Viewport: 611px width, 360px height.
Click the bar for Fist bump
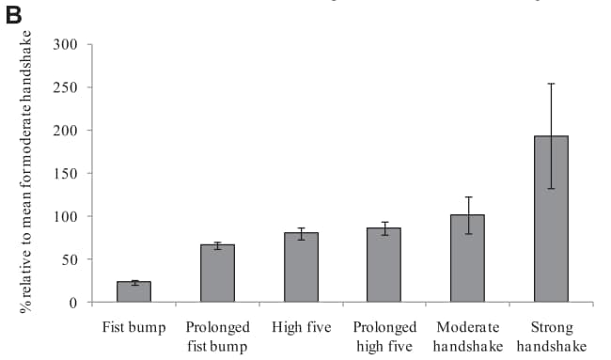[133, 292]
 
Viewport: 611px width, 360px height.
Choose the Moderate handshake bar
[467, 258]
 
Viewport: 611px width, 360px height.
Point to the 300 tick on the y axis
[66, 44]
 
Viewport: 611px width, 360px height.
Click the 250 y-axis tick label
[66, 87]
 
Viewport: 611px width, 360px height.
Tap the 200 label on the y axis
[66, 131]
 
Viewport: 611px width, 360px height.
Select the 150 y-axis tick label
[66, 173]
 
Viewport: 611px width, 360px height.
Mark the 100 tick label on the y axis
[66, 216]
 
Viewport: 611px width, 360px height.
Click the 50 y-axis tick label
[70, 259]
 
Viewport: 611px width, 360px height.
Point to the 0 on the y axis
[73, 303]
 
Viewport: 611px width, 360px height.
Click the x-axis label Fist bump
[133, 328]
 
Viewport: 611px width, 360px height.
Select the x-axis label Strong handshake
[551, 337]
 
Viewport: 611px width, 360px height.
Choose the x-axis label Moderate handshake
[467, 337]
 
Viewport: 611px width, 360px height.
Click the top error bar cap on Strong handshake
[551, 84]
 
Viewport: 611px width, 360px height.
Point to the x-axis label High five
[301, 328]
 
